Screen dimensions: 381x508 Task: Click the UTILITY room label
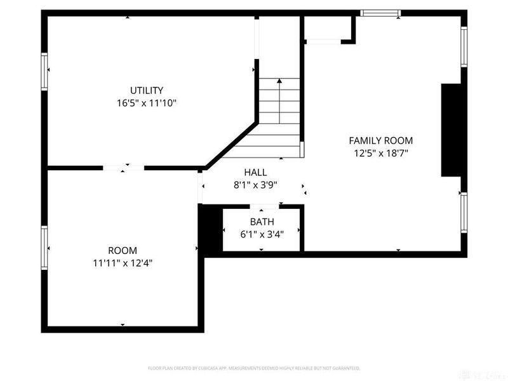click(147, 90)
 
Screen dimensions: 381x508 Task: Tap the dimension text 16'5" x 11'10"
click(147, 103)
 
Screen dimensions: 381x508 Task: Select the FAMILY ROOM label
click(381, 140)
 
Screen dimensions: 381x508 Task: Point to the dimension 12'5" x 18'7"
click(381, 153)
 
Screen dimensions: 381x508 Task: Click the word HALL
click(255, 172)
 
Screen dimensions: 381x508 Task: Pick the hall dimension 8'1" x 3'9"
click(255, 185)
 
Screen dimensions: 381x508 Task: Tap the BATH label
click(262, 222)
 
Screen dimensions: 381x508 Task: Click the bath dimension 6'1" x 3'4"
click(262, 234)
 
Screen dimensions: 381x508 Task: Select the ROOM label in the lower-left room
click(123, 251)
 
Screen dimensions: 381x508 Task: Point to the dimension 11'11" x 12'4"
click(123, 263)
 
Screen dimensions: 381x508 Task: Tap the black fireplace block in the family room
click(450, 130)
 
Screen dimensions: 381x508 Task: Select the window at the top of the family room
click(380, 12)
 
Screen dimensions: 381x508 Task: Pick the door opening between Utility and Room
click(124, 168)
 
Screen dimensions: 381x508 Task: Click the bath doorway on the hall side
click(261, 206)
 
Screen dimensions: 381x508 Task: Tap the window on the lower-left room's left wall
click(44, 247)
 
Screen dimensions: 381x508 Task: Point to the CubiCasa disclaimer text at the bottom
click(254, 368)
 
